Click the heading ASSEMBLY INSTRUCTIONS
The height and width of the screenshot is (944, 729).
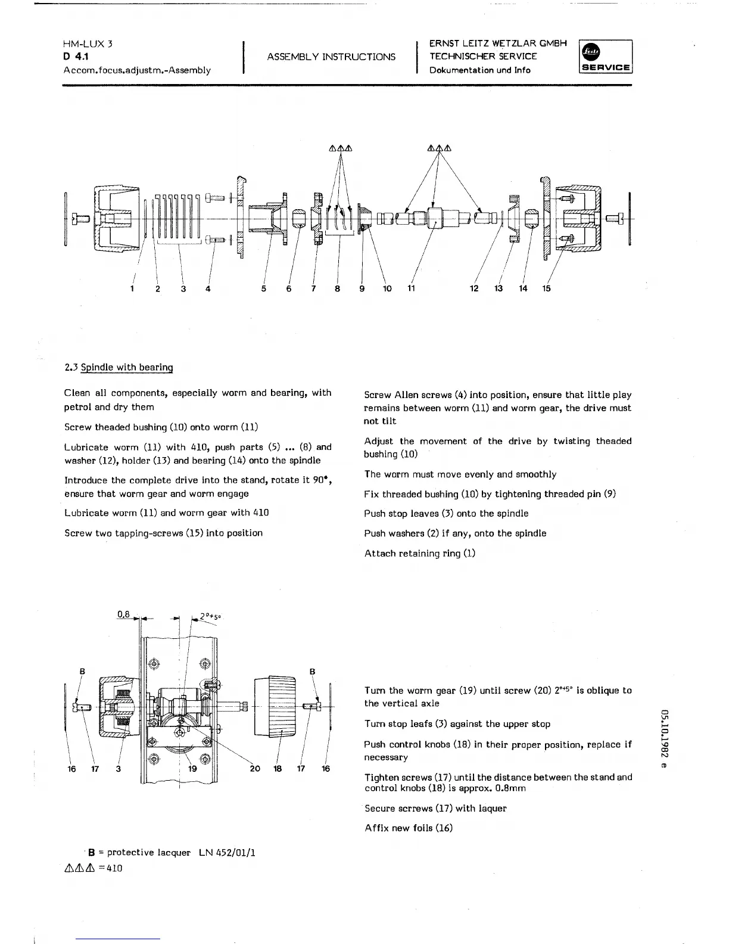tap(331, 57)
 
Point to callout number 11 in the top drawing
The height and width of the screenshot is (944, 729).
tap(411, 288)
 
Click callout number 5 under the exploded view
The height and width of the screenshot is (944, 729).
tap(263, 289)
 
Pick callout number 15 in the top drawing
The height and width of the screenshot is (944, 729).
tap(546, 288)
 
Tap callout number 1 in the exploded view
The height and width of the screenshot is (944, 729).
tap(132, 289)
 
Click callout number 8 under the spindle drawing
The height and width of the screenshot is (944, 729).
tap(337, 289)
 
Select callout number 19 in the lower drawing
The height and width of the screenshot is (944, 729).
tap(192, 769)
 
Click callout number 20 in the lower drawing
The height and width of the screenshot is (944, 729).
tap(255, 769)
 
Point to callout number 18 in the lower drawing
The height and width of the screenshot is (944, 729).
tap(278, 769)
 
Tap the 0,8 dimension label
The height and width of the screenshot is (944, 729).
tap(124, 614)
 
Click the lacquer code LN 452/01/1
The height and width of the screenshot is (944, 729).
tap(228, 853)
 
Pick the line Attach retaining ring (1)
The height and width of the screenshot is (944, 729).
tap(420, 553)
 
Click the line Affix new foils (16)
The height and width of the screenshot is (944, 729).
tap(409, 828)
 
